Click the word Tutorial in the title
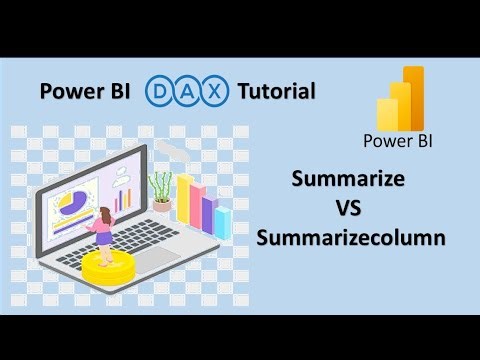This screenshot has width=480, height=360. click(276, 93)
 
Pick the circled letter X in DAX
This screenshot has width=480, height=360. click(217, 93)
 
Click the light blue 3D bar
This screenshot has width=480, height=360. click(222, 222)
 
